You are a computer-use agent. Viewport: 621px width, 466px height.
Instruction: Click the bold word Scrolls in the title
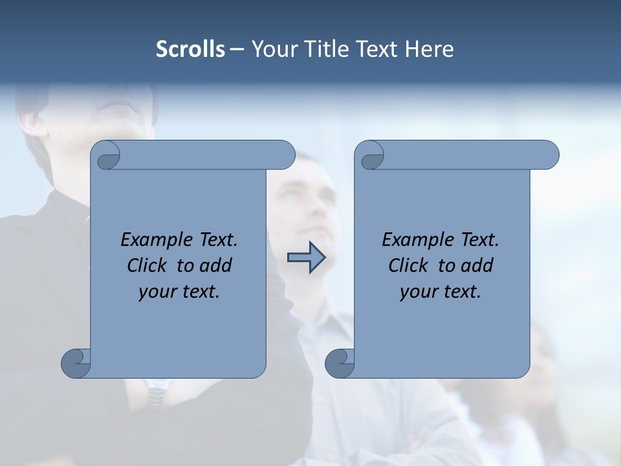click(x=190, y=49)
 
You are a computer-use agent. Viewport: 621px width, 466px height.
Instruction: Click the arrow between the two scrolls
click(x=306, y=258)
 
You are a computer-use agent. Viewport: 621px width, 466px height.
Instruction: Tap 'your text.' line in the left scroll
click(x=179, y=291)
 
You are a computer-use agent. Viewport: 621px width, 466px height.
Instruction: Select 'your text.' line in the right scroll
click(x=441, y=291)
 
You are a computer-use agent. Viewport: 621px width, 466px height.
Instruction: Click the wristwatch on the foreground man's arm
click(x=156, y=392)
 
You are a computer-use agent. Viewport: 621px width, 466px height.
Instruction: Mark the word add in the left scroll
click(x=215, y=265)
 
